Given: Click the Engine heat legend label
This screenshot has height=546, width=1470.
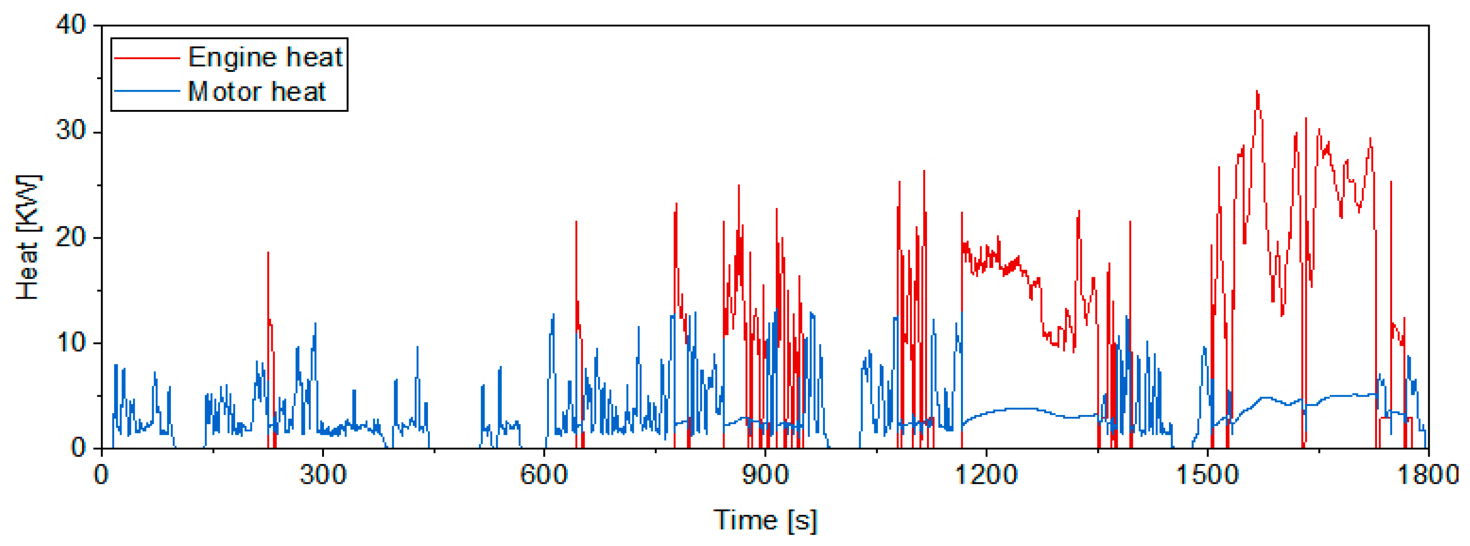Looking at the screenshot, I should (265, 57).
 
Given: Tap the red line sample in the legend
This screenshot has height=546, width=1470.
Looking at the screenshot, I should (147, 58).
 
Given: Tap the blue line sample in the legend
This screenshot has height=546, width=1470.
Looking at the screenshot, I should (147, 91).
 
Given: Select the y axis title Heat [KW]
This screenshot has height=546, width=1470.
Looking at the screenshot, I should (27, 237).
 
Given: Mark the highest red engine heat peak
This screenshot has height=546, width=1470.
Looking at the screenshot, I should (1257, 92).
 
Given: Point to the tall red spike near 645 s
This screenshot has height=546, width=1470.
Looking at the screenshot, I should (576, 222).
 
